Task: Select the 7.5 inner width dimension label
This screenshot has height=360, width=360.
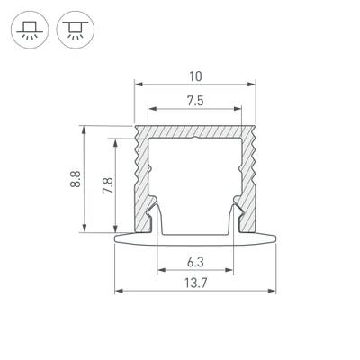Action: (195, 101)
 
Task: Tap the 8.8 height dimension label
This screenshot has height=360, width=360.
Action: (75, 180)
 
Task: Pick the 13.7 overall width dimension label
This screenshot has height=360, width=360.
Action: (194, 283)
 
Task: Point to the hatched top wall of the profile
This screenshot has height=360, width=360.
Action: (195, 131)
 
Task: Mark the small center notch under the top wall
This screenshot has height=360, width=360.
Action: (195, 139)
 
